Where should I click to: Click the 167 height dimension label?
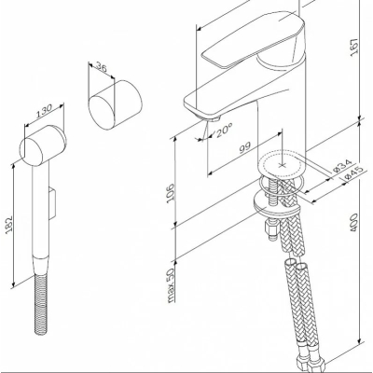355,48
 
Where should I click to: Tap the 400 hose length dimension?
354,222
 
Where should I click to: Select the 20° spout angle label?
224,130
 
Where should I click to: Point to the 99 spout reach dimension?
244,148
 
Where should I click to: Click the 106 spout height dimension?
171,193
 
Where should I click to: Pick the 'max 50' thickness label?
172,284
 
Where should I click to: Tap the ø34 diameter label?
341,166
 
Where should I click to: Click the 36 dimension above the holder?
101,67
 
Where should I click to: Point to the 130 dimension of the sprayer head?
44,112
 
